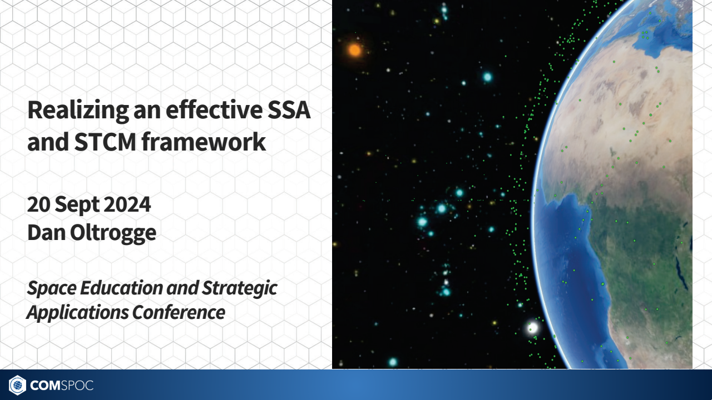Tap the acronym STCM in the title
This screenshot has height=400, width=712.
[x=105, y=142]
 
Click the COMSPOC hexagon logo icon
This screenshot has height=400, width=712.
[x=17, y=385]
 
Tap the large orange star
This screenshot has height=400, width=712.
[x=355, y=51]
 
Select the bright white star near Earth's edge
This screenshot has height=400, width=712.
[x=532, y=327]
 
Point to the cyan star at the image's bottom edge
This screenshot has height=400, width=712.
[x=393, y=362]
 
